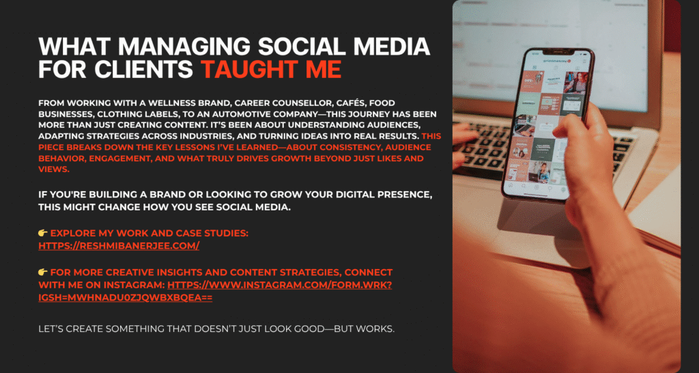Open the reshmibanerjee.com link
coord(119,245)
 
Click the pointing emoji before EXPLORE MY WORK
coord(43,234)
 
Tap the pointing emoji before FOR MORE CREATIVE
coord(43,273)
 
